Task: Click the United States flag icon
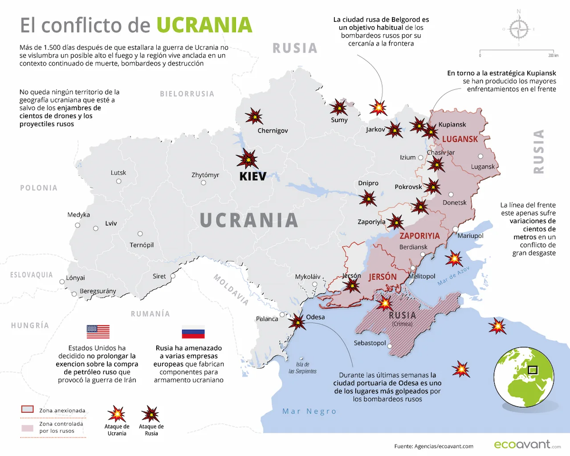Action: (x=98, y=332)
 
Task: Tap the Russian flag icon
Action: (x=193, y=332)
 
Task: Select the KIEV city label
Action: (x=252, y=176)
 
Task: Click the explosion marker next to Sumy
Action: (x=339, y=107)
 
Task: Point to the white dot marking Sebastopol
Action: (x=390, y=346)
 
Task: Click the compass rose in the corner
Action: (x=519, y=29)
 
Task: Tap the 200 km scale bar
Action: (x=517, y=52)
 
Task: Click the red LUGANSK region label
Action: (x=460, y=139)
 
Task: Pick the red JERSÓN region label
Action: (x=382, y=277)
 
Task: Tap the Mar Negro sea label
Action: (x=309, y=411)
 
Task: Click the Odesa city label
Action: (x=315, y=317)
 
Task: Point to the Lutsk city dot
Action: (x=118, y=181)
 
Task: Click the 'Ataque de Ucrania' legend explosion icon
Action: (x=117, y=414)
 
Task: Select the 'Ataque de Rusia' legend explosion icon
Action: (x=151, y=414)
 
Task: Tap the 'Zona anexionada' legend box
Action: (x=28, y=409)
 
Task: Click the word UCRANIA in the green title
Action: (x=204, y=25)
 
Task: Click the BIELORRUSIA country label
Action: (x=187, y=94)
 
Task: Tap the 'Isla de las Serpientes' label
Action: (x=302, y=368)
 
